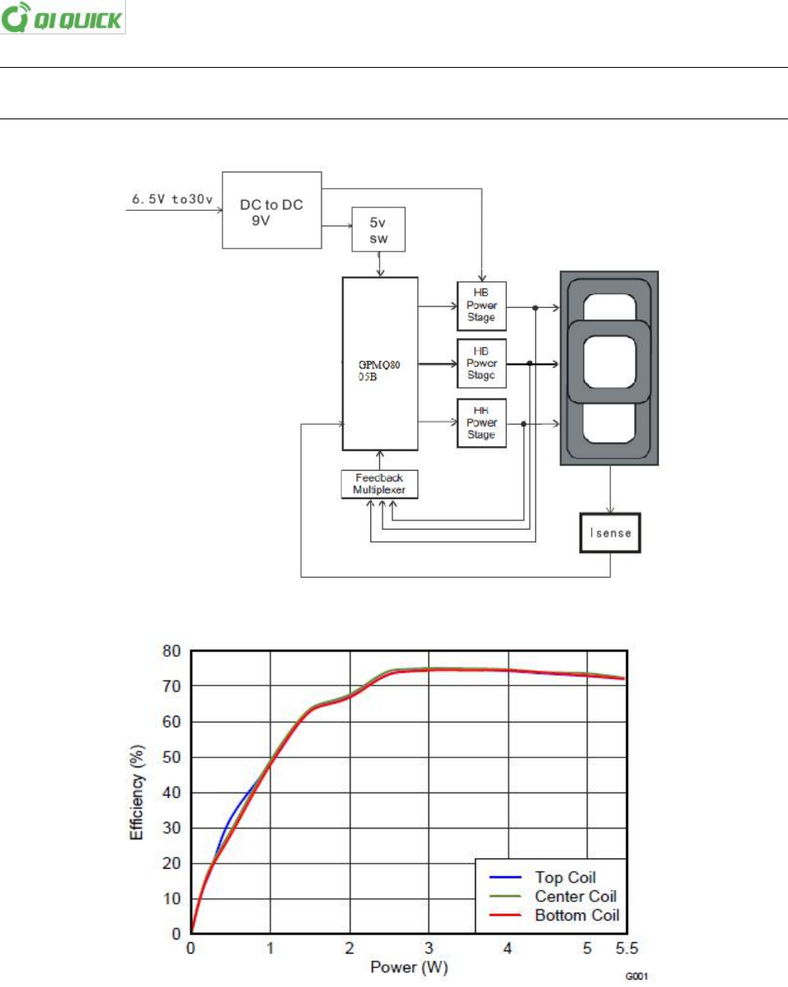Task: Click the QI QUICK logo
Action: pyautogui.click(x=63, y=18)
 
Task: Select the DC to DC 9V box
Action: pyautogui.click(x=271, y=209)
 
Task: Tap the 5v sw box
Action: pyautogui.click(x=378, y=229)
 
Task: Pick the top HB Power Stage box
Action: pyautogui.click(x=481, y=304)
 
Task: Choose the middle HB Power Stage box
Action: pyautogui.click(x=481, y=363)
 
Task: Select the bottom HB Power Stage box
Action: pyautogui.click(x=481, y=422)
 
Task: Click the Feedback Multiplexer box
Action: pyautogui.click(x=378, y=484)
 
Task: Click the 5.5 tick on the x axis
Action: pyautogui.click(x=625, y=949)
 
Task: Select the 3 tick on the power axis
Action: pyautogui.click(x=428, y=949)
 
